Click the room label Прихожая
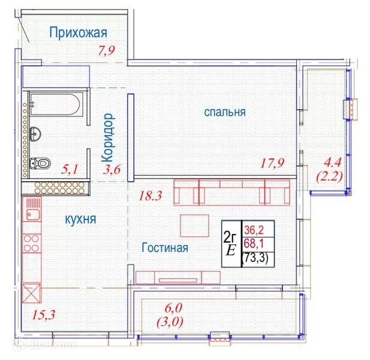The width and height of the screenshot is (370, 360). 78,32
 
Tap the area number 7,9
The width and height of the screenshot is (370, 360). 106,50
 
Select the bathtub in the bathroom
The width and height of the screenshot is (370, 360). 56,104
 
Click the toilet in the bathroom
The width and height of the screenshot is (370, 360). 40,163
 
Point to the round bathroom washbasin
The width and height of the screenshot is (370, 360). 35,134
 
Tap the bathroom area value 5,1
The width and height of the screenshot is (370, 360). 70,169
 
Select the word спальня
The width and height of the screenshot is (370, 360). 225,112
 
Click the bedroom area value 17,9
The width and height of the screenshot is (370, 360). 272,163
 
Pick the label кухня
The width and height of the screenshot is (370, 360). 80,220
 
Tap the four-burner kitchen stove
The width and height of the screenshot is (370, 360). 32,243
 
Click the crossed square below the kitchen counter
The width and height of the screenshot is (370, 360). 32,293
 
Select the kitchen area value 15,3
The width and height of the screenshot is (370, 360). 43,314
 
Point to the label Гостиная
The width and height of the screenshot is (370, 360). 165,248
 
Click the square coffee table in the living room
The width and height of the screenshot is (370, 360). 194,226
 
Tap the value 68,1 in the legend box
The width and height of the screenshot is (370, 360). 254,244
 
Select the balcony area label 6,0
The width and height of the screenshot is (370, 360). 173,308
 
